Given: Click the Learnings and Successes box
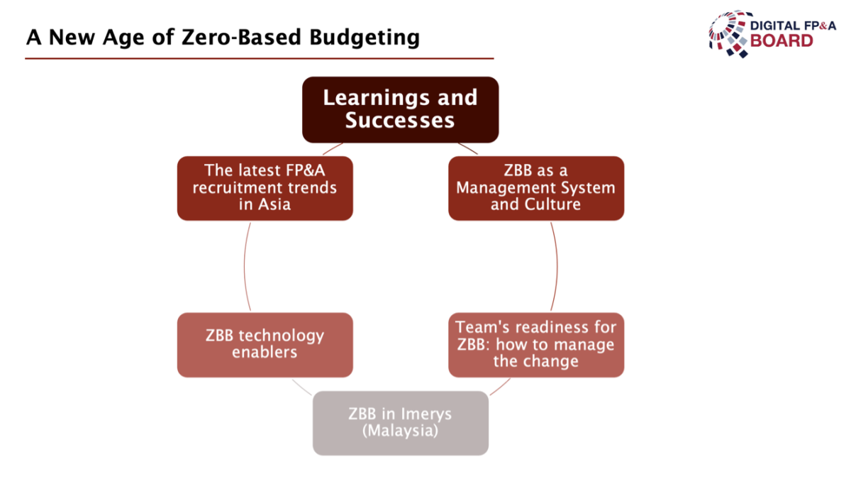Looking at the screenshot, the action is tap(401, 110).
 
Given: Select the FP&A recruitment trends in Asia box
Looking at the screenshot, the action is tap(265, 188).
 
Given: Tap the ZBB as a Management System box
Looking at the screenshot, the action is tap(536, 188).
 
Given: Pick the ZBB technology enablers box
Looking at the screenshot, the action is tap(265, 345).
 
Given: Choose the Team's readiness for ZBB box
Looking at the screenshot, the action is tap(536, 345).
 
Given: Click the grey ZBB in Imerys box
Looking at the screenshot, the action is tap(401, 423).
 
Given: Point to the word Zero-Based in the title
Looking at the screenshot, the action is tap(242, 37).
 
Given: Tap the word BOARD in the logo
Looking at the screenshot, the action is tap(782, 40).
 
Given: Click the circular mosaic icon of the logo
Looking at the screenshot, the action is tap(729, 34).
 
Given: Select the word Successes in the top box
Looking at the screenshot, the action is tap(400, 120).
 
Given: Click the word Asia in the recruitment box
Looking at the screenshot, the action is tap(274, 204).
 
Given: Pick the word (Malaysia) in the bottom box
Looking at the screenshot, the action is tap(401, 431).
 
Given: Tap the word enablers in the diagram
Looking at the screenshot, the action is tap(265, 352).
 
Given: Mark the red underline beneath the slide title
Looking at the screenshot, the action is tap(260, 58).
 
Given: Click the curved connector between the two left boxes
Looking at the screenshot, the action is tap(244, 266).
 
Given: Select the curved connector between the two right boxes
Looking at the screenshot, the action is tap(557, 266).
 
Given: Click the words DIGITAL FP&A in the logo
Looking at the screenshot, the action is tap(794, 26).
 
